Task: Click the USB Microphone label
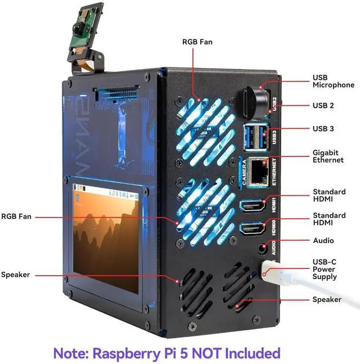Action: point(333,81)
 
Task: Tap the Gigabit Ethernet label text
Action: point(328,156)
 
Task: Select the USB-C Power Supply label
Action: point(325,269)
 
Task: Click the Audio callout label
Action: point(323,240)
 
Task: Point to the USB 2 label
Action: point(323,105)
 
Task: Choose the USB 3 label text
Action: point(323,129)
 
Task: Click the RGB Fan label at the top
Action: point(197,42)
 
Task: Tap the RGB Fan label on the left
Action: point(16,215)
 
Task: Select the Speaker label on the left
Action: point(15,275)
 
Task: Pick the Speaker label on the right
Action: point(326,299)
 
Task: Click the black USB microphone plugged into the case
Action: point(255,101)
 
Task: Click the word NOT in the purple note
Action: point(206,353)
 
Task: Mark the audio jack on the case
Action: point(260,247)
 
